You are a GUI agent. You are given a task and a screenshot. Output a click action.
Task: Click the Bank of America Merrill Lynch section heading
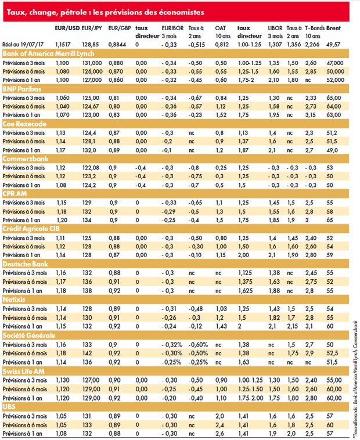48,53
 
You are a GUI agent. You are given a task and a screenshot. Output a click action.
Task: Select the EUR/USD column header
67,28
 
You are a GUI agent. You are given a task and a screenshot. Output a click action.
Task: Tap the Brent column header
333,28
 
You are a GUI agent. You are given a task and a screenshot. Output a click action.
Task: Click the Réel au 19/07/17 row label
23,44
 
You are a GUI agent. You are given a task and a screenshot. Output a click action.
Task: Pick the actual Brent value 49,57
333,44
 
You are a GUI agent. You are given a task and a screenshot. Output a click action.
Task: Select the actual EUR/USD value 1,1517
63,44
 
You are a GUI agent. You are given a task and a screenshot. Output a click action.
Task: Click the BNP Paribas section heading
22,89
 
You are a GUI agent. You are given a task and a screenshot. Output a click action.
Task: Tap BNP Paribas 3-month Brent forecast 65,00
334,98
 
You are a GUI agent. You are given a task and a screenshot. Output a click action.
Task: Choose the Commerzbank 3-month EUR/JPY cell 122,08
91,168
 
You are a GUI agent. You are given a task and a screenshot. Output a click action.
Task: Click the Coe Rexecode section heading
24,124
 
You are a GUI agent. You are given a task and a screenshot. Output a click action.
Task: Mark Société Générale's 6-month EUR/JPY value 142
87,354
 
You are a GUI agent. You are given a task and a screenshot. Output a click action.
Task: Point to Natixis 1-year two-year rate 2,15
293,326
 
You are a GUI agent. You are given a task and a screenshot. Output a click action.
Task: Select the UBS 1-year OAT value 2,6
219,434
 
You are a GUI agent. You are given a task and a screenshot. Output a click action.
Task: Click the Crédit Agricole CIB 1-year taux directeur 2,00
243,255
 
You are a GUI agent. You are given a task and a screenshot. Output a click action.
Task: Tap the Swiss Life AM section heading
24,372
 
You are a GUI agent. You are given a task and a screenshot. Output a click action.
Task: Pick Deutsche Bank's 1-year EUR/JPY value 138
87,291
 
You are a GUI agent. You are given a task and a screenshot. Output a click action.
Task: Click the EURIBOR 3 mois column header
172,32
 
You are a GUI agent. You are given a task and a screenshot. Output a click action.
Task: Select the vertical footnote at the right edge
355,379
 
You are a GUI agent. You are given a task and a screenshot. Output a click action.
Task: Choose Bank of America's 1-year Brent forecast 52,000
335,80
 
